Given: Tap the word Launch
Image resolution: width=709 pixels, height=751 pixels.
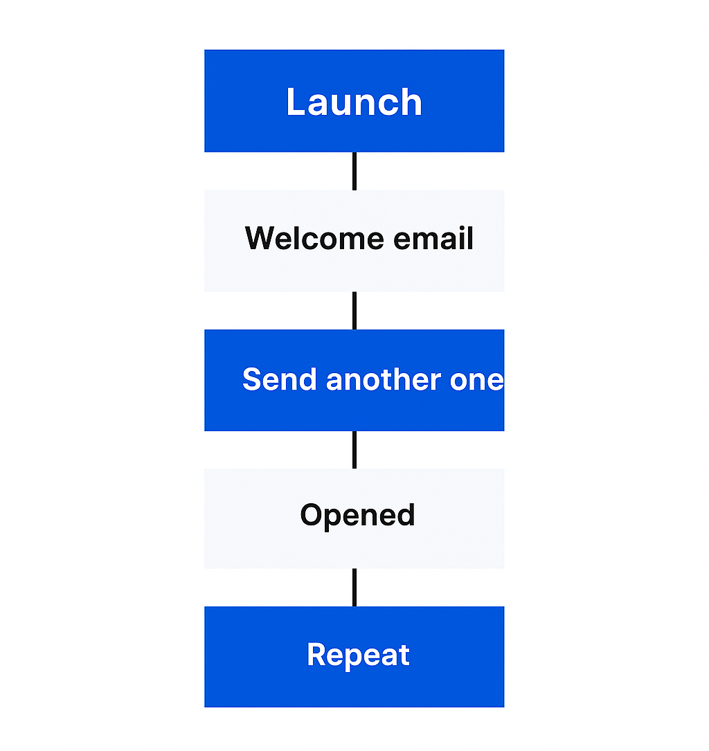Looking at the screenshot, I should point(354,102).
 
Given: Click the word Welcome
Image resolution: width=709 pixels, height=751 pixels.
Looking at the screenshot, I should point(315,239).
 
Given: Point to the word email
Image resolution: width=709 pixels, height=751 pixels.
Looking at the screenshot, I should point(434,239).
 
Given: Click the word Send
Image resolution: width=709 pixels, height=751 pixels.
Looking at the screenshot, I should point(280,380).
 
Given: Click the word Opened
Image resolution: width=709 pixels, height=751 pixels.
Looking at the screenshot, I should point(357,516).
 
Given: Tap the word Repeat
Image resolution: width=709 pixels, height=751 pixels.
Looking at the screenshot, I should point(358,655).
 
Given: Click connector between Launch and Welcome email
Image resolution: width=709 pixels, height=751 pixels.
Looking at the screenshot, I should point(354,171).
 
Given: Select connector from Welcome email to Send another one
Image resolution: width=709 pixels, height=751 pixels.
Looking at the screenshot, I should point(354,311).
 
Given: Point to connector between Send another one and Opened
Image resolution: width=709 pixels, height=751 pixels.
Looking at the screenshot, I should point(354,450).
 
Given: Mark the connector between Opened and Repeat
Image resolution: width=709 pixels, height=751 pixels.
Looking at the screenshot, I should point(354,588).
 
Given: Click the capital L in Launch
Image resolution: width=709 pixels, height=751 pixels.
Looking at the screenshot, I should point(296,102).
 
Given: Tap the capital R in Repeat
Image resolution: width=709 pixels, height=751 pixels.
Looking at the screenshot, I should point(316,655).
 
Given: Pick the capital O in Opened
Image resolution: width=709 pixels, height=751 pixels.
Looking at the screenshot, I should point(312,516).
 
